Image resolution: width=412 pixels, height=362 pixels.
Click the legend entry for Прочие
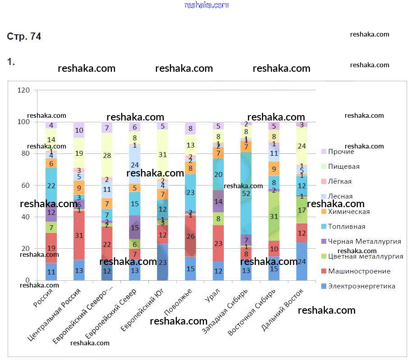tap(341, 152)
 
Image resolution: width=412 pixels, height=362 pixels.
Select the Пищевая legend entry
tap(343, 167)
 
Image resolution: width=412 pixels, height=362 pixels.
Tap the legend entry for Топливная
tap(346, 227)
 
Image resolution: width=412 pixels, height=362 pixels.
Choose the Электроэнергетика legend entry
tap(361, 286)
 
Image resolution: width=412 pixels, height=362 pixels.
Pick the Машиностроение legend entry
tap(358, 271)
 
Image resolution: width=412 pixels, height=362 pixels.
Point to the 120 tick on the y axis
tap(23, 90)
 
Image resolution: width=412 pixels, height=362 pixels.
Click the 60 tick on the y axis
tap(25, 186)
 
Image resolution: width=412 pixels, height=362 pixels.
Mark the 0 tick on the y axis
tap(28, 280)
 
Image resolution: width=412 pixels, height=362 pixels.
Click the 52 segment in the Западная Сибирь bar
tap(246, 193)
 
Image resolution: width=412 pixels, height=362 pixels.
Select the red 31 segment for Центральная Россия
tap(79, 235)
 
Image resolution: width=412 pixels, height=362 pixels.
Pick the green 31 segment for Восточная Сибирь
tap(274, 216)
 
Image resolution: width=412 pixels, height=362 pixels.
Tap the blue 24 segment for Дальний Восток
tap(302, 261)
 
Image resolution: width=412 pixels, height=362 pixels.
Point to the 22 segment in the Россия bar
tap(51, 186)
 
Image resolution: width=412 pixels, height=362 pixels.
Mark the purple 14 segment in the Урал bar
tap(218, 201)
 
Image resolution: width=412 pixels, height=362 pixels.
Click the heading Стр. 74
tap(24, 37)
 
